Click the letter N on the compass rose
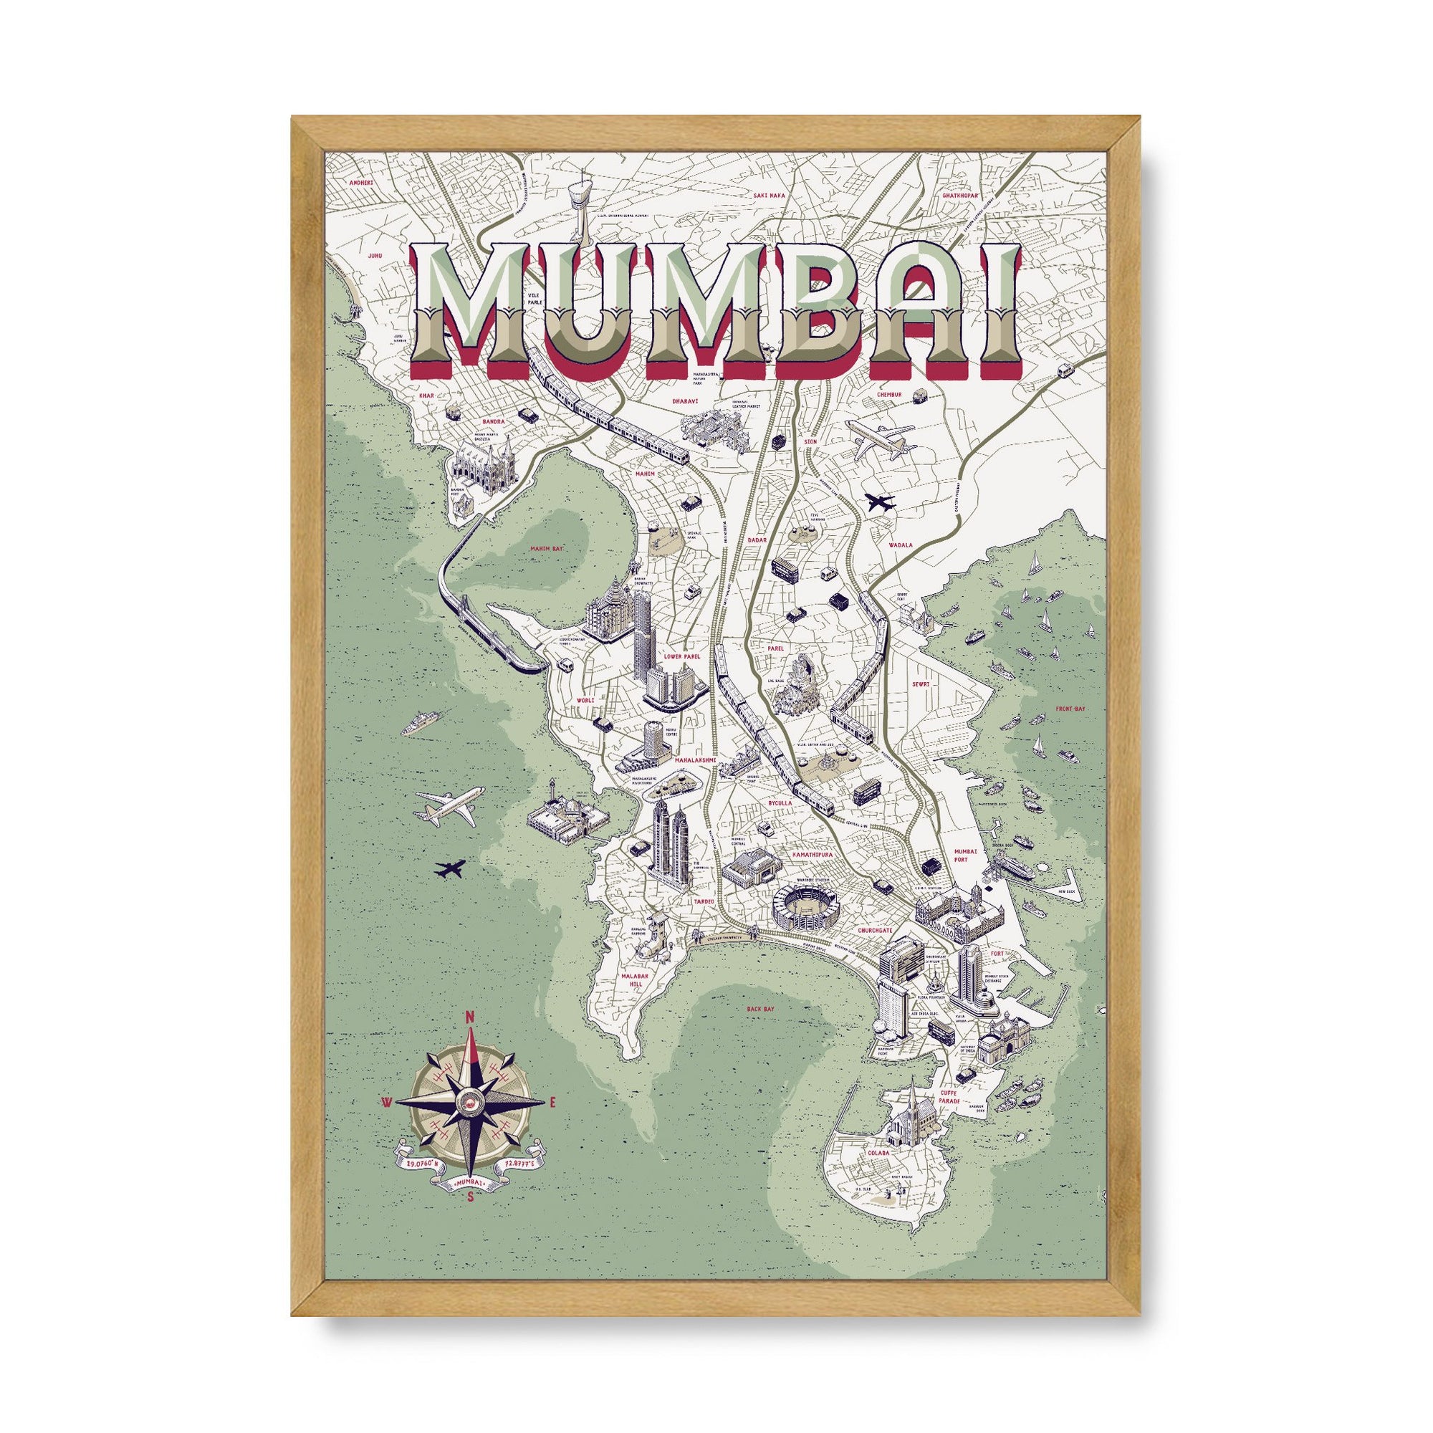click(x=468, y=1017)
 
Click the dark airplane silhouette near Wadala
click(x=881, y=502)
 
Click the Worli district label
click(x=586, y=700)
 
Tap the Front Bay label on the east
click(x=1070, y=710)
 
